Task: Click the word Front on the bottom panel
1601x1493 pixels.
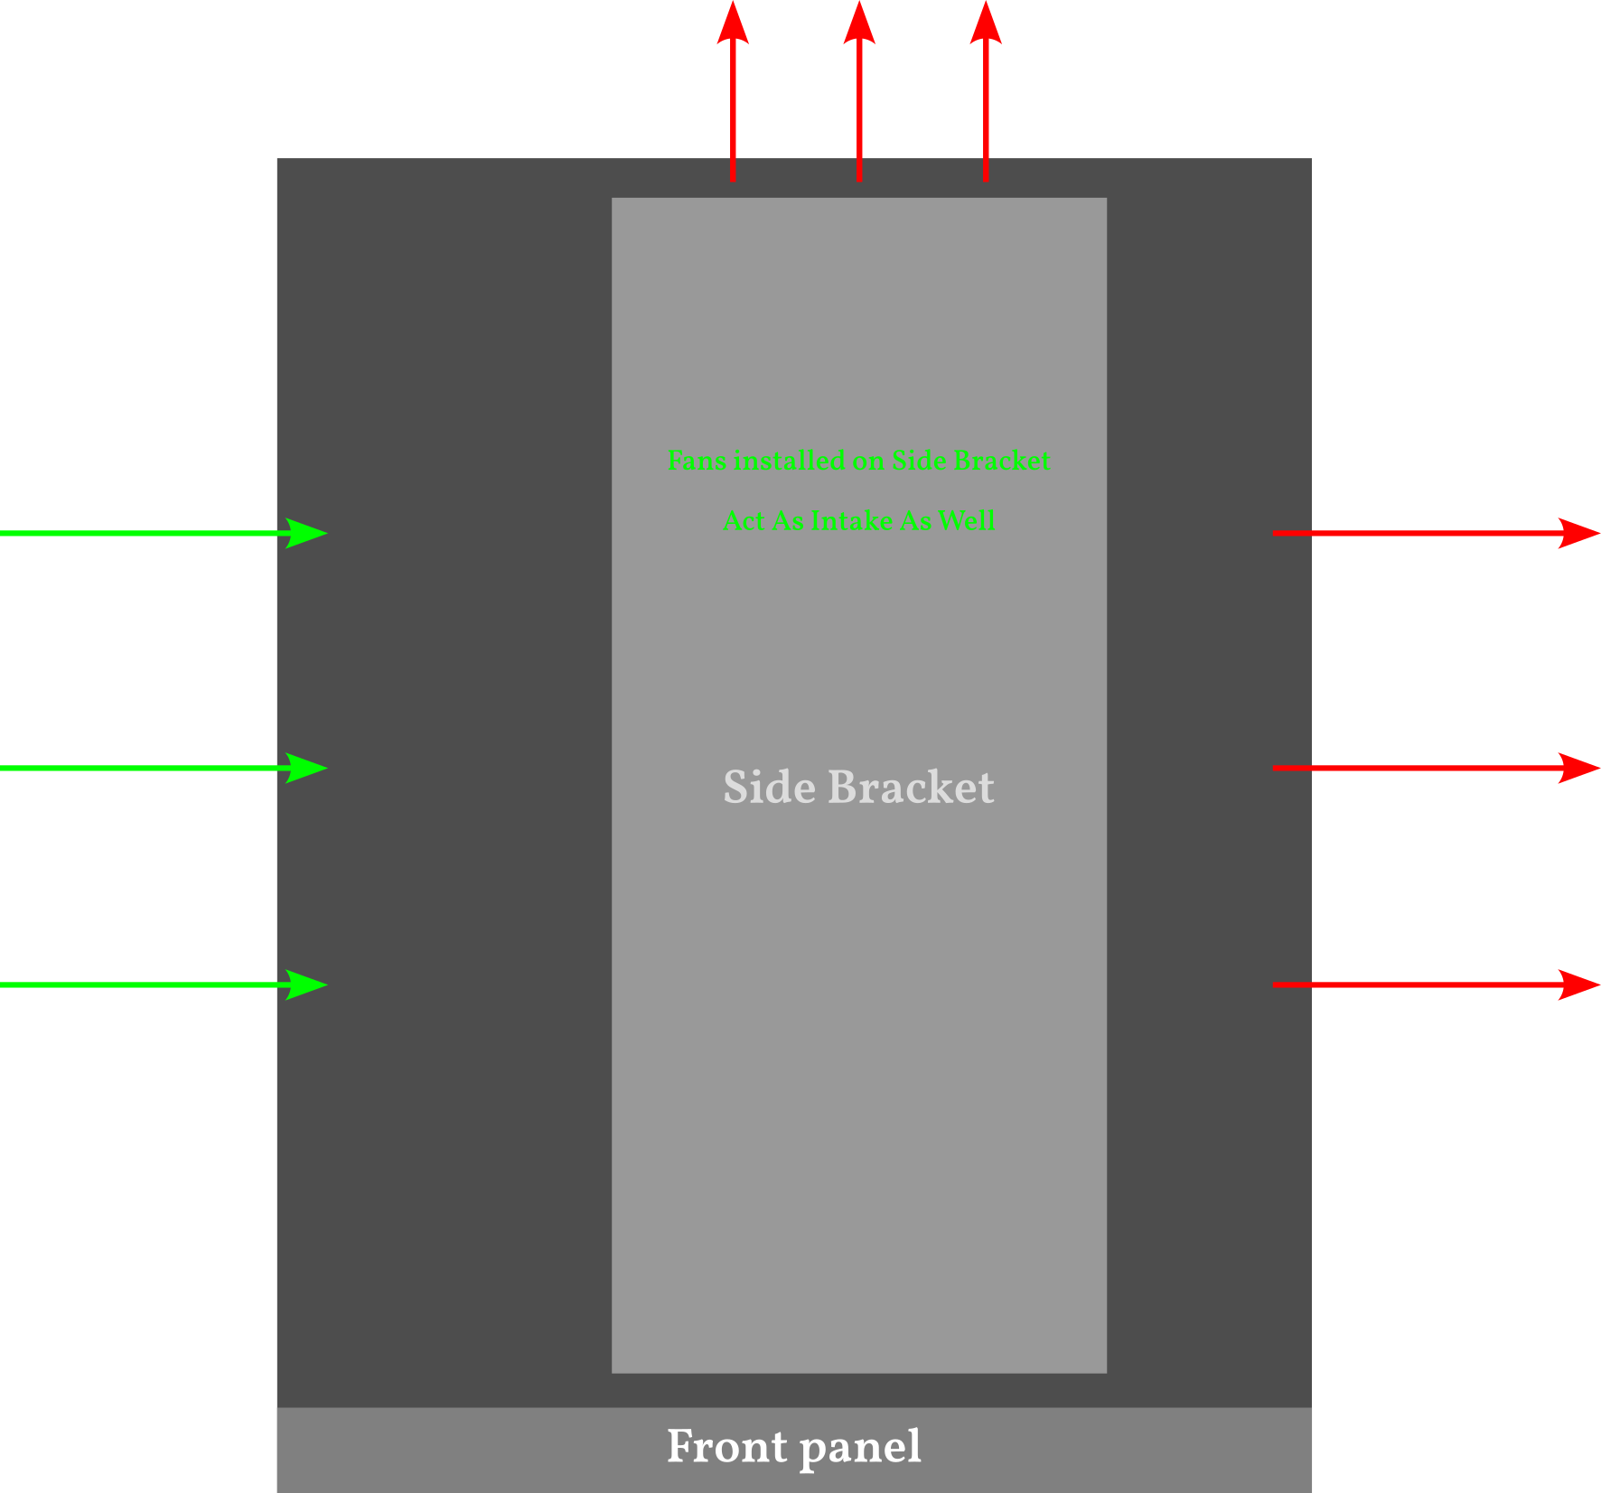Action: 726,1447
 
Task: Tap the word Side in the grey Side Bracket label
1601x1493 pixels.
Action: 769,787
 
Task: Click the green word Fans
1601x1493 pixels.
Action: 697,461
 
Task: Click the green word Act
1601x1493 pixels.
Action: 744,521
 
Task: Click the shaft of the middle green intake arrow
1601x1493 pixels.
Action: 136,768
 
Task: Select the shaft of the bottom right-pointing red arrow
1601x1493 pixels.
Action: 1409,984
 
